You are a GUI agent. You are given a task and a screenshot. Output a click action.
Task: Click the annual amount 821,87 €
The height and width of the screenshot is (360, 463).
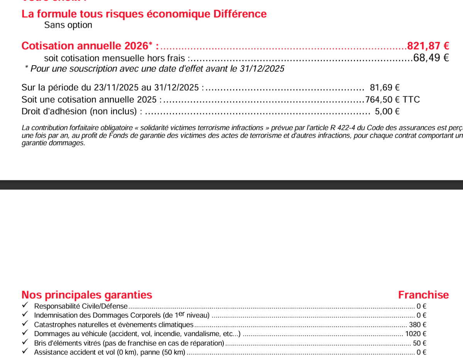coord(428,46)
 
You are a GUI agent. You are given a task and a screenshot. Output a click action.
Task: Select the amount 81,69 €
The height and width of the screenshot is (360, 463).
coord(384,88)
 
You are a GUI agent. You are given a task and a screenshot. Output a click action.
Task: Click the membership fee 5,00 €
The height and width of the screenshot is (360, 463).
coord(387,112)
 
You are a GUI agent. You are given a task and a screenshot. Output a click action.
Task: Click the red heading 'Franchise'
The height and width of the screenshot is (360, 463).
coord(423,295)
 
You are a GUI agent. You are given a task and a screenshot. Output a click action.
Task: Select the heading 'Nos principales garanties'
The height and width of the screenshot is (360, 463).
coord(87,295)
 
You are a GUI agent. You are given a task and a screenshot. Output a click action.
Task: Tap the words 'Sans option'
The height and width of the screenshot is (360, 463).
coord(68,25)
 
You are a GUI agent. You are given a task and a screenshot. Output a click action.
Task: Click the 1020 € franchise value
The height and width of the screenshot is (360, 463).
coord(416,334)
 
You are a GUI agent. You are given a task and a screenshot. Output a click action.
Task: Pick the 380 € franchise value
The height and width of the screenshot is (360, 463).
coord(417,325)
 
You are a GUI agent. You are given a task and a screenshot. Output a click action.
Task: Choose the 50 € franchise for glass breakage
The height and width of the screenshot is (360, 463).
coord(419,343)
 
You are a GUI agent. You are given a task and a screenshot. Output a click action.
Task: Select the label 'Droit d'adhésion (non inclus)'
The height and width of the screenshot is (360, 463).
coord(79,112)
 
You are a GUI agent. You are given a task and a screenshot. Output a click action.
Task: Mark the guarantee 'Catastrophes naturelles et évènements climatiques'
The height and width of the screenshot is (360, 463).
coord(114,325)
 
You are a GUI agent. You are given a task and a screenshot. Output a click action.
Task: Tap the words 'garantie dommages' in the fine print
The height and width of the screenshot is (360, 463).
coord(53,143)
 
